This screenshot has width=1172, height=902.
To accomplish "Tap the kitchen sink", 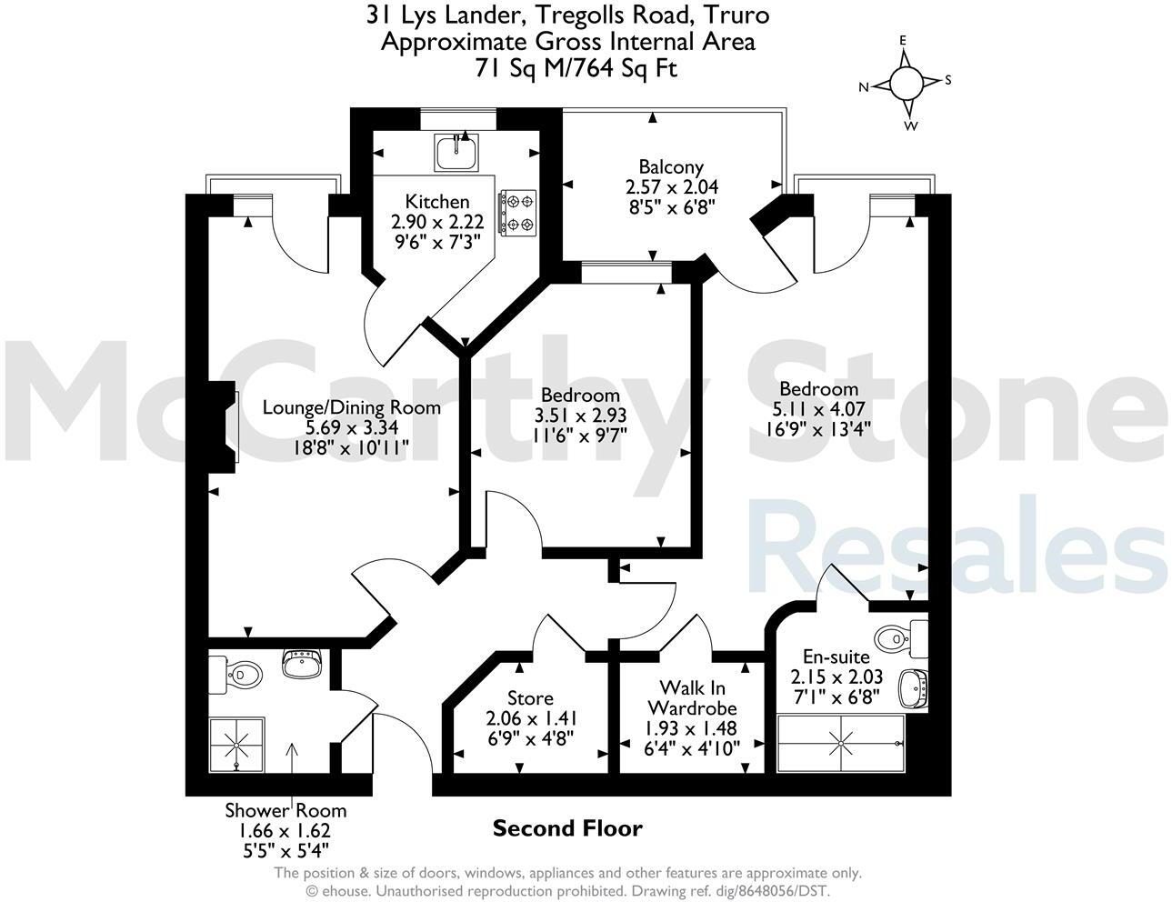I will pyautogui.click(x=457, y=152).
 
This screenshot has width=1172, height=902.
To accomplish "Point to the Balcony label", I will pyautogui.click(x=671, y=166).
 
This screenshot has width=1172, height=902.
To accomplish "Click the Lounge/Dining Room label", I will pyautogui.click(x=351, y=407).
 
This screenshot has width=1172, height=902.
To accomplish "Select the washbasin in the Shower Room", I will pyautogui.click(x=301, y=665).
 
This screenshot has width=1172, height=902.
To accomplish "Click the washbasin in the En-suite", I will pyautogui.click(x=913, y=688).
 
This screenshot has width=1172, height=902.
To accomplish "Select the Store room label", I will pyautogui.click(x=530, y=698).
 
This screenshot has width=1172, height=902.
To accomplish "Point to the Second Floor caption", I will pyautogui.click(x=567, y=828).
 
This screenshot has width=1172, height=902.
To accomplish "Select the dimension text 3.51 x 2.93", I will pyautogui.click(x=580, y=415).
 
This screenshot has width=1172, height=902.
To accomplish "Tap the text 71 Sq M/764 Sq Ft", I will pyautogui.click(x=576, y=67).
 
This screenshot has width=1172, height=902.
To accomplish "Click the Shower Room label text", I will pyautogui.click(x=285, y=810).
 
